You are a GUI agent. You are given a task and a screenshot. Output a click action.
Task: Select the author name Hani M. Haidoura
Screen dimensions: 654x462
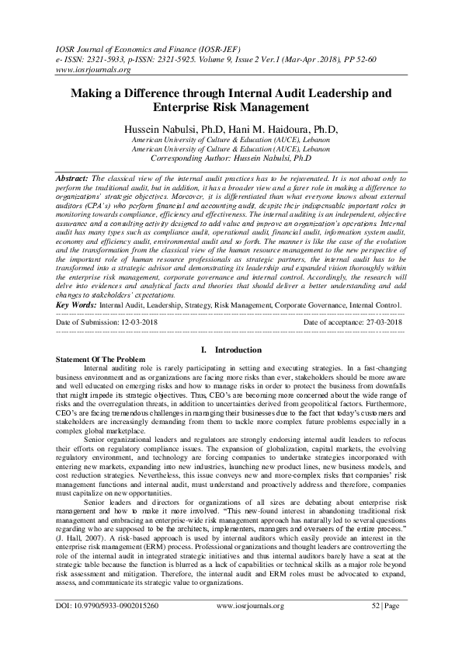click(275, 128)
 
